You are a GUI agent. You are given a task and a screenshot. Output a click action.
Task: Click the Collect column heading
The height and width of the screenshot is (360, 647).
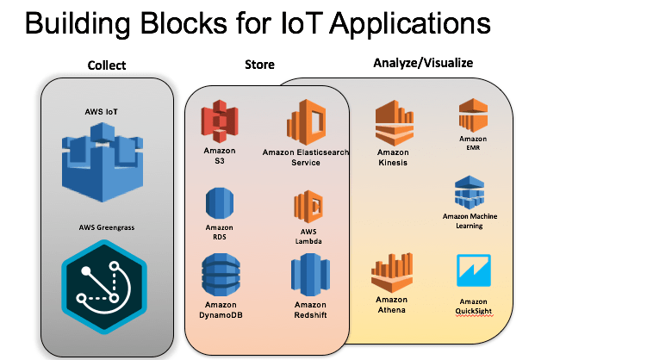[107, 65]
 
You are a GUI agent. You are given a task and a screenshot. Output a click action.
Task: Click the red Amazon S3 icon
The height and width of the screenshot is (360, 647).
[220, 124]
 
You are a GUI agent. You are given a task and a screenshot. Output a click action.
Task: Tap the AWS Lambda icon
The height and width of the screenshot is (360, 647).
[308, 207]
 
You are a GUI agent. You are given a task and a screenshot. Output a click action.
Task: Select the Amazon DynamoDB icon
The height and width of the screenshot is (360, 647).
[221, 276]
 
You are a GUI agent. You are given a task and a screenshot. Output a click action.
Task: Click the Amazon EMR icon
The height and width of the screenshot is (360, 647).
[472, 115]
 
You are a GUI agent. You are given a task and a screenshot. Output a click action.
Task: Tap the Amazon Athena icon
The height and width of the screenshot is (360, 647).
[392, 272]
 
